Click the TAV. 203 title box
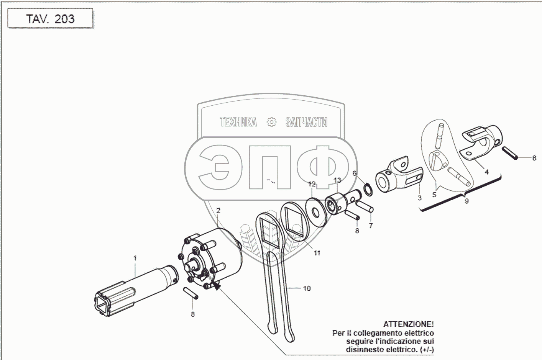50,18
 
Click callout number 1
135,258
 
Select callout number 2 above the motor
218,211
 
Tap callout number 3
419,198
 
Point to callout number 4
486,172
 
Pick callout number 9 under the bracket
466,201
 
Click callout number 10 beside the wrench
307,288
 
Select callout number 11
317,253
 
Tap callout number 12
312,184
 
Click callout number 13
337,180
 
